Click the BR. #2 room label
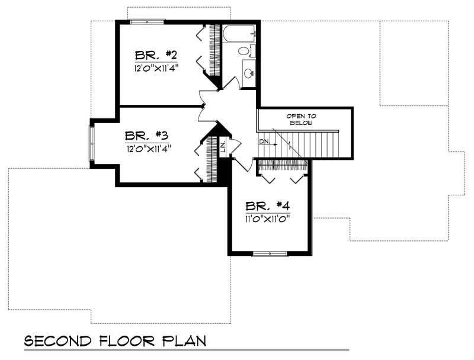pyautogui.click(x=156, y=55)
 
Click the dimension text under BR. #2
pyautogui.click(x=156, y=67)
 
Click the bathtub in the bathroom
pyautogui.click(x=239, y=33)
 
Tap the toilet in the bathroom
pyautogui.click(x=246, y=51)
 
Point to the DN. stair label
pyautogui.click(x=264, y=142)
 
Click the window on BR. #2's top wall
pyautogui.click(x=147, y=22)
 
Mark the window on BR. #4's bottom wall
pyautogui.click(x=270, y=254)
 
